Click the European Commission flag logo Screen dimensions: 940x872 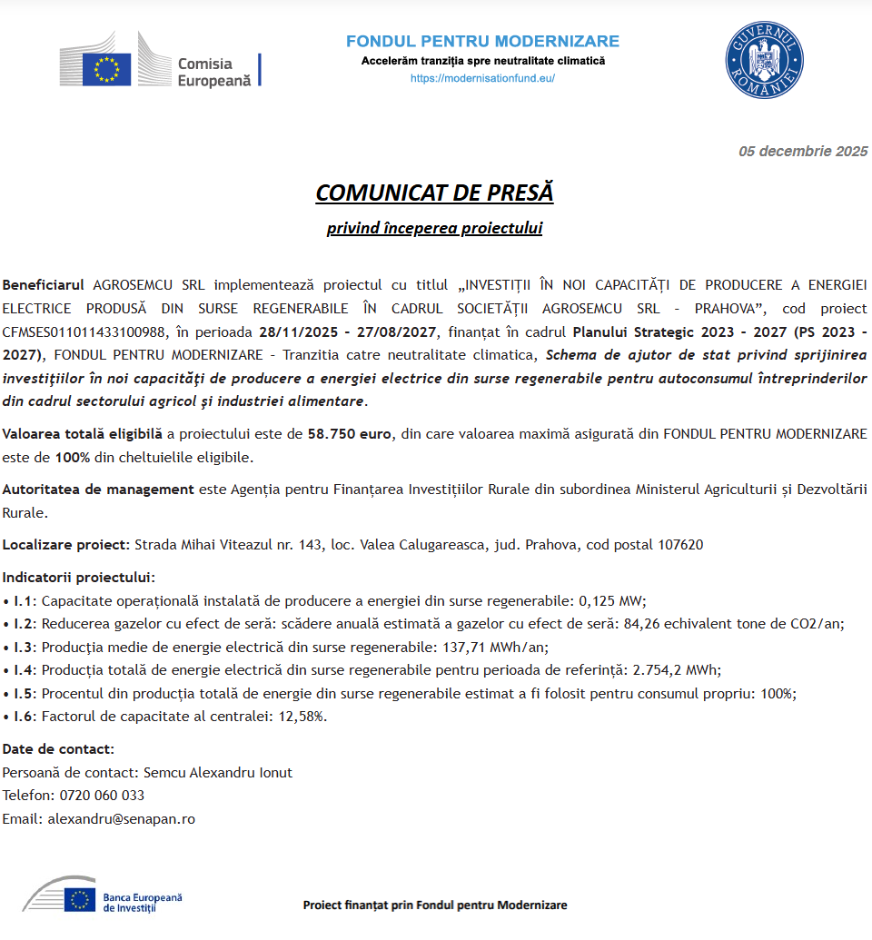[x=107, y=69]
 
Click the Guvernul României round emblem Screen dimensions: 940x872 [x=764, y=60]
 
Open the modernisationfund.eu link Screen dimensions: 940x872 [x=482, y=78]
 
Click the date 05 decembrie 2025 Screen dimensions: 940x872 [x=802, y=152]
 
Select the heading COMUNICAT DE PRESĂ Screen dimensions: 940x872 [x=434, y=193]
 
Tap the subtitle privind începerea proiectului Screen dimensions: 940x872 [x=434, y=228]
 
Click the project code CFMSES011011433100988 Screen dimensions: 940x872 [x=84, y=331]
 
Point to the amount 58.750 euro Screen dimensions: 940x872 [x=350, y=434]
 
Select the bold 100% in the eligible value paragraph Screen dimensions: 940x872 [x=73, y=457]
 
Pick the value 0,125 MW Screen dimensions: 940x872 [x=611, y=600]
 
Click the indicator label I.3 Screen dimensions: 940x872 [x=24, y=648]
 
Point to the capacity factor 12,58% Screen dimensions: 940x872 [x=299, y=716]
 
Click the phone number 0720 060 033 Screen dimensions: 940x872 [x=102, y=796]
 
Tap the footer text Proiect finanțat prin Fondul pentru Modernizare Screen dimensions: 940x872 [x=434, y=905]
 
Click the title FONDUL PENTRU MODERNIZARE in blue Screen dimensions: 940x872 [x=482, y=42]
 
